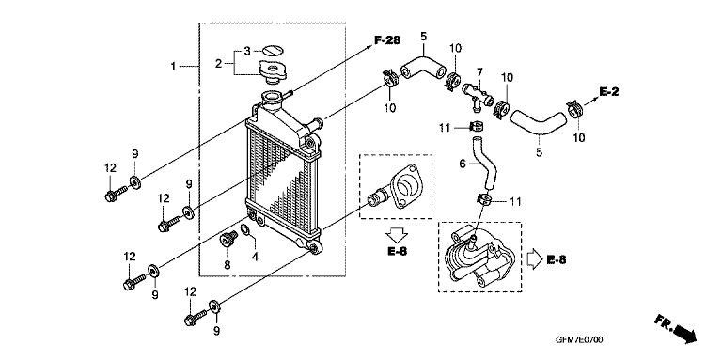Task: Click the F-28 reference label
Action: coord(386,40)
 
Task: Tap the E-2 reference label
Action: coord(609,91)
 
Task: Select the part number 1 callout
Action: coord(173,67)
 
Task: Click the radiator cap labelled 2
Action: coord(273,72)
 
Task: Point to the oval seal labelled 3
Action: coord(271,51)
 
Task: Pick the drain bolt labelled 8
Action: coord(228,240)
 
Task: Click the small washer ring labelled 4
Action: coord(246,229)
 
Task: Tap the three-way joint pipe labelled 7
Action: coord(478,94)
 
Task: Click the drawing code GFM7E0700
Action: coord(579,340)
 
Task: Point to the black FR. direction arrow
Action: coord(676,328)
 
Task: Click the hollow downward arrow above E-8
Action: coord(397,235)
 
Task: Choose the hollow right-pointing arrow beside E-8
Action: coord(535,259)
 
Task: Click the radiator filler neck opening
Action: coord(271,97)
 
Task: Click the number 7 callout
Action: coord(479,72)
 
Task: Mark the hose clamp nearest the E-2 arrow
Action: coord(574,109)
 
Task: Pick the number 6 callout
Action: coord(463,164)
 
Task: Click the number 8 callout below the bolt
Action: coord(227,265)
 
